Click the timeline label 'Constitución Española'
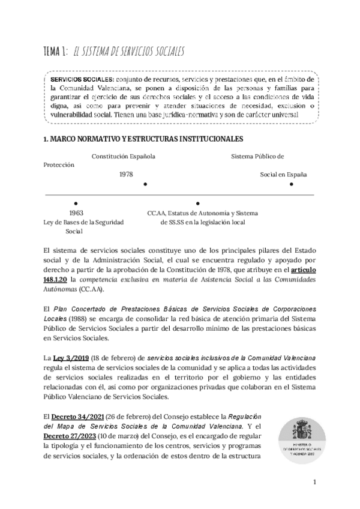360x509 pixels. coord(123,157)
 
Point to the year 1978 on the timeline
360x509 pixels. coord(126,174)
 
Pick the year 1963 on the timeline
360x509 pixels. coord(76,213)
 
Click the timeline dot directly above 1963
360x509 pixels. coord(75,203)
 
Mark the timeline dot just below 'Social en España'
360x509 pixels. coord(292,184)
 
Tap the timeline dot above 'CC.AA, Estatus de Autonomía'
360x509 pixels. coord(198,203)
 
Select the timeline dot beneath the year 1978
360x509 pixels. coord(146,184)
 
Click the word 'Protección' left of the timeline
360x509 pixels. coord(59,164)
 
